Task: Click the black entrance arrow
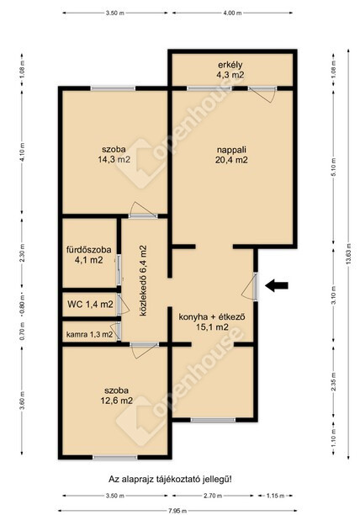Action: point(277,285)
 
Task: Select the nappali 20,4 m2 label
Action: point(231,155)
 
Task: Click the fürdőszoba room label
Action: point(88,254)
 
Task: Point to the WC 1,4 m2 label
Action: point(90,304)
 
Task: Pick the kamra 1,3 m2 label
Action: point(90,335)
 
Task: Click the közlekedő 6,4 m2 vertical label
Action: point(143,280)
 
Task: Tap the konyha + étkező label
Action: point(212,321)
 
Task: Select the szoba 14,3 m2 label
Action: point(114,154)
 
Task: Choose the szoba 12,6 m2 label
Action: point(117,396)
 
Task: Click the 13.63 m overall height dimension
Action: point(348,253)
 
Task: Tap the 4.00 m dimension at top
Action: point(232,13)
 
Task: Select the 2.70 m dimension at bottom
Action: point(214,496)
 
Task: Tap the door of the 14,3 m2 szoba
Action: point(143,210)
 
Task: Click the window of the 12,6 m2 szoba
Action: point(115,457)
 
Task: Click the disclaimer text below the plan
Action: point(170,479)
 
